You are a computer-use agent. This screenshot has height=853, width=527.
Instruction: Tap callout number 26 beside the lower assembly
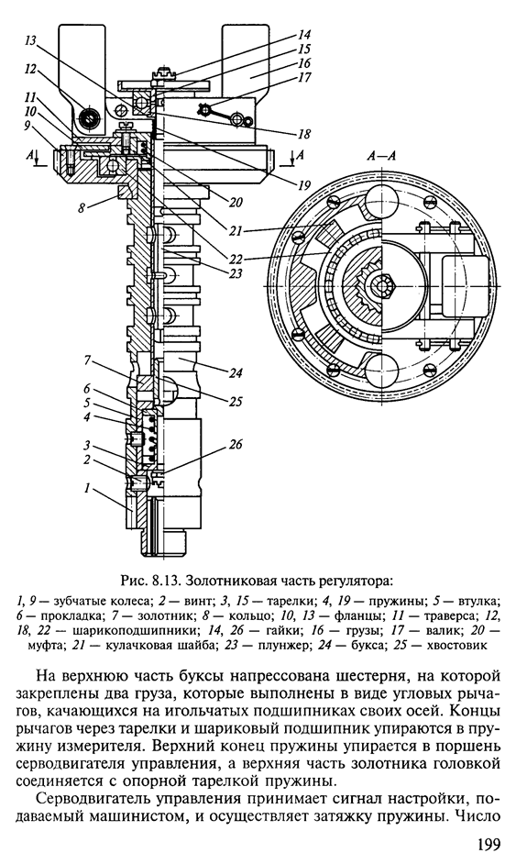coord(235,444)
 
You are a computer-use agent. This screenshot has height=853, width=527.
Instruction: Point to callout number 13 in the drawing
coord(31,40)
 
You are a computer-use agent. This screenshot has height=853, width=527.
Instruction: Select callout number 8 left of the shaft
coord(82,207)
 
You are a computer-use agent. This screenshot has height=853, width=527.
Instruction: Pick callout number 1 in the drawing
coord(86,488)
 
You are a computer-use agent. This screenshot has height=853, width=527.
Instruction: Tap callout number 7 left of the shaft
coord(86,360)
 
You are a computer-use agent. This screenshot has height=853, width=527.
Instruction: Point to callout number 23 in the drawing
coord(235,273)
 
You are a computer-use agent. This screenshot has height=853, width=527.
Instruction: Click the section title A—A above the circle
coord(380,156)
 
